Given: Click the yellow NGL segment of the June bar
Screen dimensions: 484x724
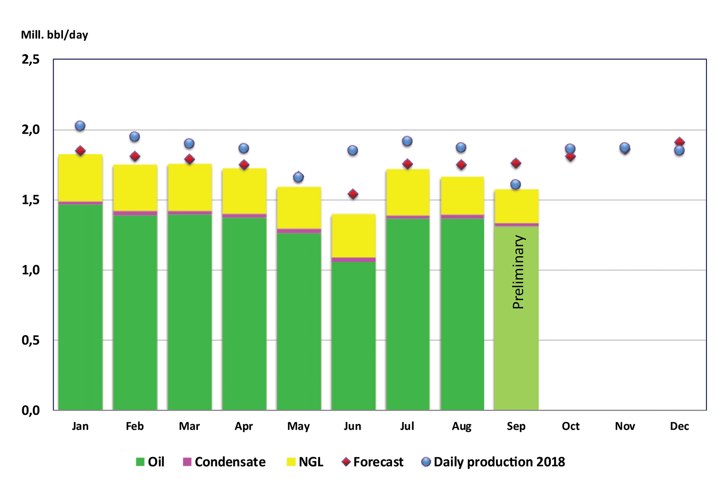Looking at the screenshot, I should click(353, 236).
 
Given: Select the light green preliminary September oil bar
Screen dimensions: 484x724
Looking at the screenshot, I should click(516, 340).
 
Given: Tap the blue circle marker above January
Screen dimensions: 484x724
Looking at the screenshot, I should click(80, 126).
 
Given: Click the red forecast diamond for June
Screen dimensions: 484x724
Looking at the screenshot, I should click(353, 194).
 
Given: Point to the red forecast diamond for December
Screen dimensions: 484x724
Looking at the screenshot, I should click(680, 142).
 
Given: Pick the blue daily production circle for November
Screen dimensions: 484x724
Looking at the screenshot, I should click(625, 148).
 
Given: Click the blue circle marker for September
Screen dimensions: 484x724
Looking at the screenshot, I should click(515, 185).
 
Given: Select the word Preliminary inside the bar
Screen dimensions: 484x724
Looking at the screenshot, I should click(518, 272).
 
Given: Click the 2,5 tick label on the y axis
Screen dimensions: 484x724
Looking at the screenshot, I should click(31, 59).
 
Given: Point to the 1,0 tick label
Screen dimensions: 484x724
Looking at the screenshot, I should click(31, 270).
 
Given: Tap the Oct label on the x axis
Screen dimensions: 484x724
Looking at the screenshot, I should click(571, 426).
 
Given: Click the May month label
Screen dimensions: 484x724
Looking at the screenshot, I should click(298, 426).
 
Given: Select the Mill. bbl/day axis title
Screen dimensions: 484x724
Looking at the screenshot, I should click(55, 35).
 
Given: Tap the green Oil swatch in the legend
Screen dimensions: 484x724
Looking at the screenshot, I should click(140, 462).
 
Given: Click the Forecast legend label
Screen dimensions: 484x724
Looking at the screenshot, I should click(378, 462).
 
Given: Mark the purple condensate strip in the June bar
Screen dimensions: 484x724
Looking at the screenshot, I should click(353, 259).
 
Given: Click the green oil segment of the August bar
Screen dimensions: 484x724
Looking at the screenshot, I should click(462, 313).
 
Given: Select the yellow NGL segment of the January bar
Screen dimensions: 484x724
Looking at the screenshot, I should click(80, 177).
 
